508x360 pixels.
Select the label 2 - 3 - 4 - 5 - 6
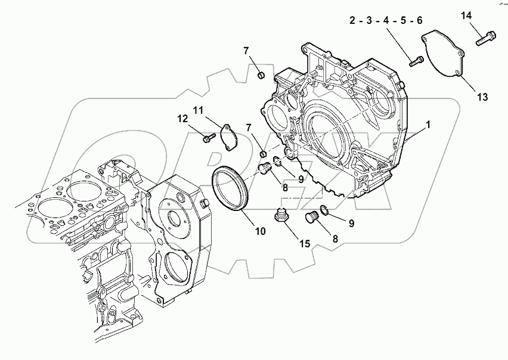tap(386, 21)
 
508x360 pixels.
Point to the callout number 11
tap(198, 110)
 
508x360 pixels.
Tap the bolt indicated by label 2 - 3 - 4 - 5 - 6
tap(416, 60)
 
